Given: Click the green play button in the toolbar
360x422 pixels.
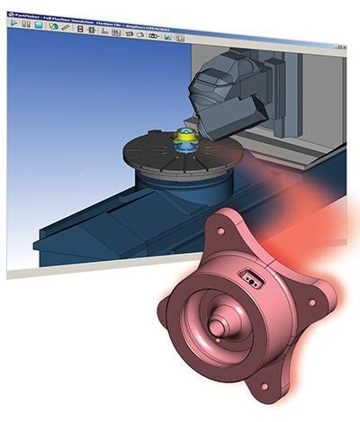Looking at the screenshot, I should click(x=13, y=24).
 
